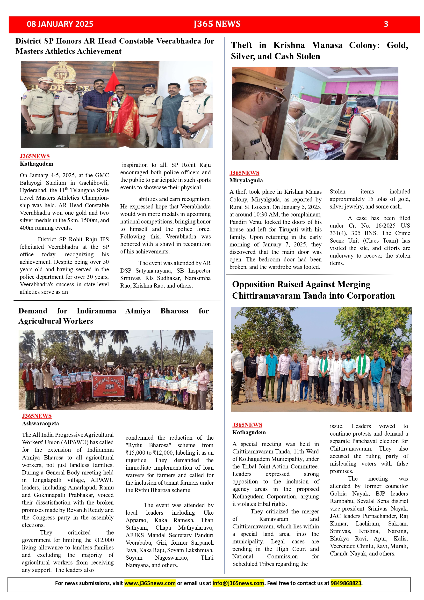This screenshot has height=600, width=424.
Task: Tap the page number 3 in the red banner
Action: (386, 24)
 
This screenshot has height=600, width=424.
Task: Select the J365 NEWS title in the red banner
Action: (217, 24)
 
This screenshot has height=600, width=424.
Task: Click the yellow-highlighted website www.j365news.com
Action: (150, 583)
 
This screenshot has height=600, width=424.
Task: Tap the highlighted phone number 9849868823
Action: (346, 583)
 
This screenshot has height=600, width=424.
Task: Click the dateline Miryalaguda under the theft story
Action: (246, 180)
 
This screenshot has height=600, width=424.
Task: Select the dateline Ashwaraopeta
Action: (41, 423)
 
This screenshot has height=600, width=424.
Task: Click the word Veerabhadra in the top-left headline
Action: (179, 41)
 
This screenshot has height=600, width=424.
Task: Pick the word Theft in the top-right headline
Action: (242, 45)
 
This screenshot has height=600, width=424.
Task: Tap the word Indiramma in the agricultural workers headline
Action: (96, 311)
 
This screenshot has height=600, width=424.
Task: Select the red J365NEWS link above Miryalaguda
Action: (244, 173)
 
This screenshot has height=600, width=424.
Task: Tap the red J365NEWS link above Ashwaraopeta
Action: (37, 416)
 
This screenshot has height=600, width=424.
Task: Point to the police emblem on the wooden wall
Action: (61, 72)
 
